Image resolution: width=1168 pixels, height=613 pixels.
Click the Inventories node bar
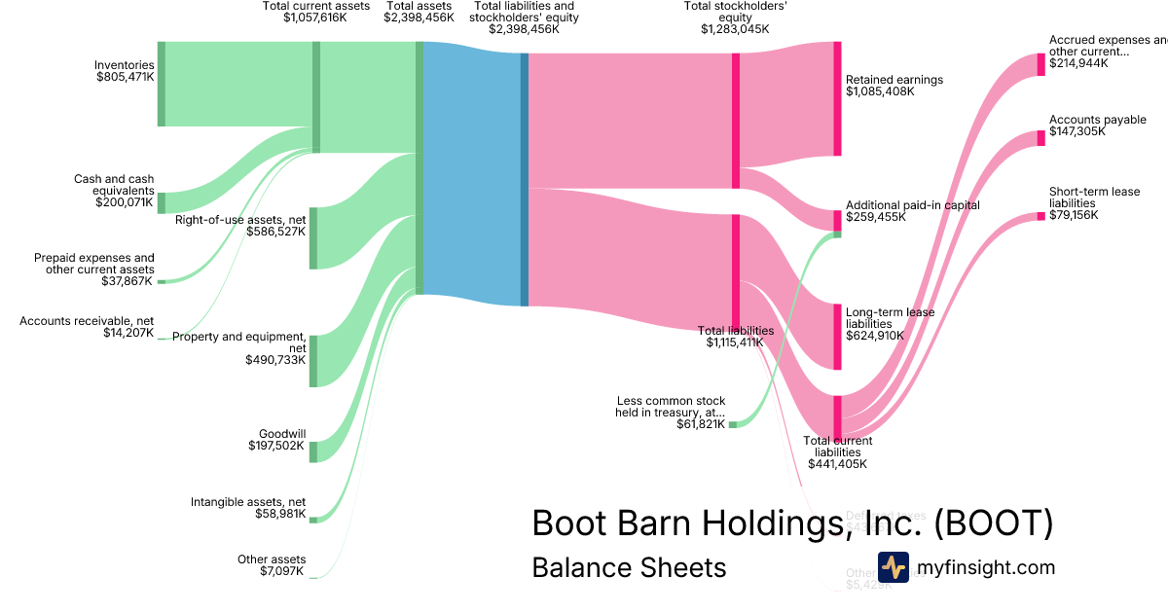(x=162, y=84)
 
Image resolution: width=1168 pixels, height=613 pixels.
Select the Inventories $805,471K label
(x=125, y=71)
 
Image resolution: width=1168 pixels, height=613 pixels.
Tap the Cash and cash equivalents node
(x=162, y=202)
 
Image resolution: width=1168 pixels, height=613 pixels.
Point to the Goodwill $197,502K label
(x=277, y=440)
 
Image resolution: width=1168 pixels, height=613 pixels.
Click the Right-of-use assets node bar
(x=313, y=237)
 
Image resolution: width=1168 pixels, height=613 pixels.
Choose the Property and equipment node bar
(x=313, y=361)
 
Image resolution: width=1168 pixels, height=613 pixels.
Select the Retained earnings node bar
(x=836, y=98)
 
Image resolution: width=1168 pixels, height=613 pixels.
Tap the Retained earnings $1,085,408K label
(x=894, y=85)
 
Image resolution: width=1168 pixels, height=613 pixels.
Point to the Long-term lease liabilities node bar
(x=836, y=337)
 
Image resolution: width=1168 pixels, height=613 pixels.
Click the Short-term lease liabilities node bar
(x=1040, y=216)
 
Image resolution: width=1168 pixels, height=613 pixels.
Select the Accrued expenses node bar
(x=1040, y=64)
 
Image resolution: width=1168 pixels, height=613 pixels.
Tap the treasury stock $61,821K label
(x=670, y=413)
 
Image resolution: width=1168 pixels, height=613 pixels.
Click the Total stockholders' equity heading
(x=735, y=17)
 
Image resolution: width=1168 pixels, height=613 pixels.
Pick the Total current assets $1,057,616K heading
(x=315, y=12)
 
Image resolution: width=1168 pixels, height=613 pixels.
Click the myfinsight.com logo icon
(x=893, y=567)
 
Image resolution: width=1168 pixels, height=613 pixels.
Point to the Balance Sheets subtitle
(x=629, y=567)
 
